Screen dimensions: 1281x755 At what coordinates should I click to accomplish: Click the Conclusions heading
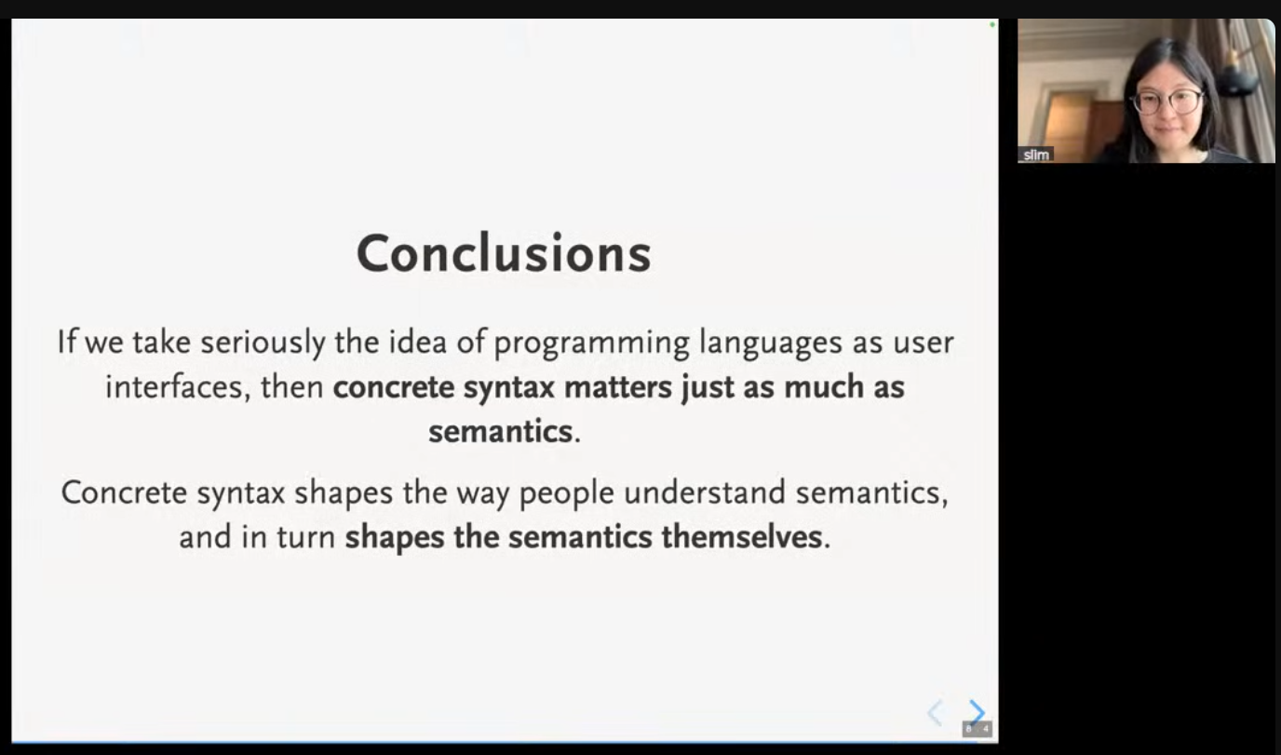[504, 253]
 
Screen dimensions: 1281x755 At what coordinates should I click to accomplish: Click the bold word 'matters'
[617, 387]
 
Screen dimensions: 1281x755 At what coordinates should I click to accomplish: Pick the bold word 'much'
[824, 386]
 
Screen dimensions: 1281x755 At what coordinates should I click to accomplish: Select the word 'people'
[567, 493]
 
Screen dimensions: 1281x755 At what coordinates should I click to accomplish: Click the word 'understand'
[705, 492]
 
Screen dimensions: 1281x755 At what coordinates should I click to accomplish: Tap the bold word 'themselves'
[742, 537]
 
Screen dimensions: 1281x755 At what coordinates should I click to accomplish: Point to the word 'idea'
[418, 342]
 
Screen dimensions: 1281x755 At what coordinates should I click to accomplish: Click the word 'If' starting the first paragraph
[66, 342]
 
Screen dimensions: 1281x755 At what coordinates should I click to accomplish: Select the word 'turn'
[306, 538]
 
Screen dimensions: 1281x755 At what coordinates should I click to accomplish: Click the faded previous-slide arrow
[934, 713]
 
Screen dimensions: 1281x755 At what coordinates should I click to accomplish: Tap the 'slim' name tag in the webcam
[1036, 155]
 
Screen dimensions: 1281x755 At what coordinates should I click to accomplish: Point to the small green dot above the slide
[992, 25]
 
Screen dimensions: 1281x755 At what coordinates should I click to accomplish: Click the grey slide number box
[978, 729]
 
